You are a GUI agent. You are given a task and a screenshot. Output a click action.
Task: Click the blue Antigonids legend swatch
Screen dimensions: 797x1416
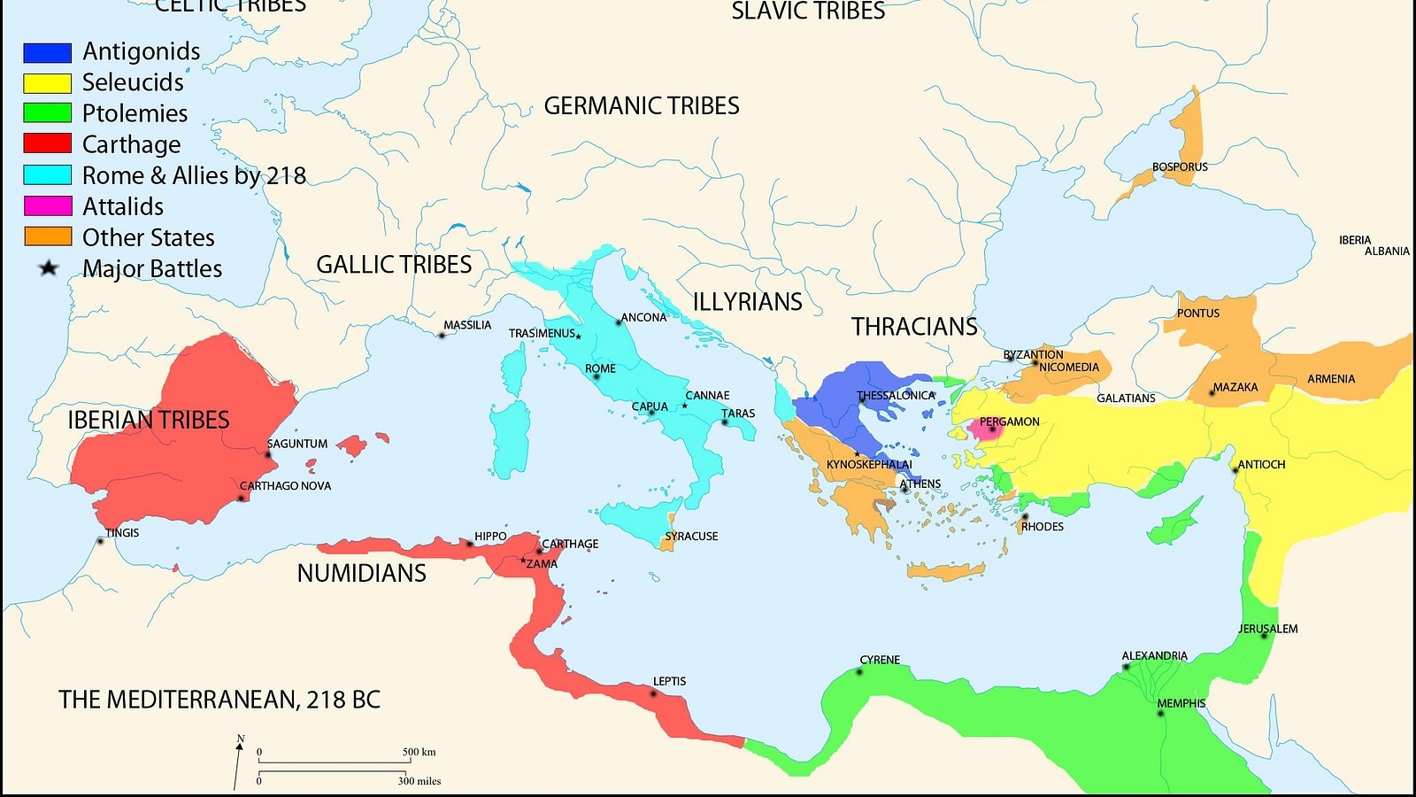[47, 52]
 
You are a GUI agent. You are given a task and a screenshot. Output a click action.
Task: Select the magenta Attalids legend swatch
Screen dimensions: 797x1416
[47, 206]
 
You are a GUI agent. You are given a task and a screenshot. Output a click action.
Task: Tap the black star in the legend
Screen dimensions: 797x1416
[48, 267]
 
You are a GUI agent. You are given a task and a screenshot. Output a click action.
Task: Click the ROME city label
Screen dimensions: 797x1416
[600, 368]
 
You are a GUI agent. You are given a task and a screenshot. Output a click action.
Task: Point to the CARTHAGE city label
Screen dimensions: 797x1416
[570, 544]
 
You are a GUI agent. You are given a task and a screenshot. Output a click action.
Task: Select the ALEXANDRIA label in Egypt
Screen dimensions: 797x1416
[1154, 656]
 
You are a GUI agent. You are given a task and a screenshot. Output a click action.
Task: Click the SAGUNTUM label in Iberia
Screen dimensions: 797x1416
[297, 444]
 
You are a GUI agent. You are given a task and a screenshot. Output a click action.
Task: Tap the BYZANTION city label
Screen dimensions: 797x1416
[1033, 354]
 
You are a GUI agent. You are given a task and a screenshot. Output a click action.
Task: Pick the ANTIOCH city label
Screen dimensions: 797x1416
[1261, 464]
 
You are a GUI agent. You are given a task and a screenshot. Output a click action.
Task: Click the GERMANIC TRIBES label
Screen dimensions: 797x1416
[641, 106]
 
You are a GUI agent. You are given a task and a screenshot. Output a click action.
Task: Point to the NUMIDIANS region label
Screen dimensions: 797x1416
[361, 574]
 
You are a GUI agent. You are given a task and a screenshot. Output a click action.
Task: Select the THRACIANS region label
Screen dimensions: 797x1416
[914, 327]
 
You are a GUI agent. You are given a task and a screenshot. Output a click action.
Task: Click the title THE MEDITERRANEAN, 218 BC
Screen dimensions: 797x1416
[219, 700]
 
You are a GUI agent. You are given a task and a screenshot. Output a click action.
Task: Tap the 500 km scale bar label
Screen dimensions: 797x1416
[419, 752]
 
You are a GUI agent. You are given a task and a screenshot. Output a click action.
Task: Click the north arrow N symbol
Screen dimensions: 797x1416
[240, 739]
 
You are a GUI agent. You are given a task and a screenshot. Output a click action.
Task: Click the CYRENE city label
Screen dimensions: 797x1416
[880, 660]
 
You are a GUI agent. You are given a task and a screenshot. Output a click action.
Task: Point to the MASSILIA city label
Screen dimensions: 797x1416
[467, 325]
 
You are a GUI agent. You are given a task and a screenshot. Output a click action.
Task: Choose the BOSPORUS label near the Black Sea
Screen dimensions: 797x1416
[1180, 166]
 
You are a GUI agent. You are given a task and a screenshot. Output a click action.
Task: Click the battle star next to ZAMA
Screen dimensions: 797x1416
[523, 561]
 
